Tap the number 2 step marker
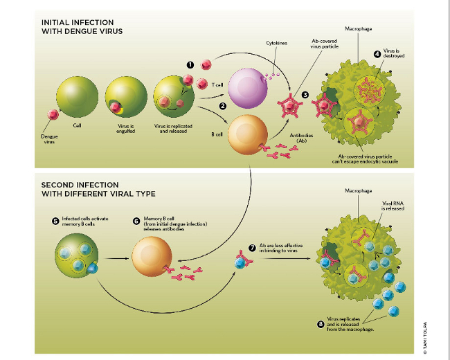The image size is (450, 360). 223,106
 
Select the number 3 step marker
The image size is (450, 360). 305,93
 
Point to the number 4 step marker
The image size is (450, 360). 377,54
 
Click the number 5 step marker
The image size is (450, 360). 55,221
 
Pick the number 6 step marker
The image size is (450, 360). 136,221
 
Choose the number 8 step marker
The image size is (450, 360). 320,323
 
